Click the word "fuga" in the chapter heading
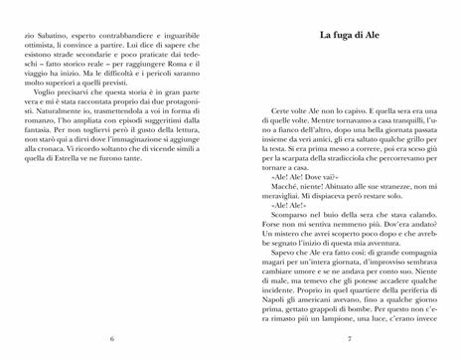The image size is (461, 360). [335, 39]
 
